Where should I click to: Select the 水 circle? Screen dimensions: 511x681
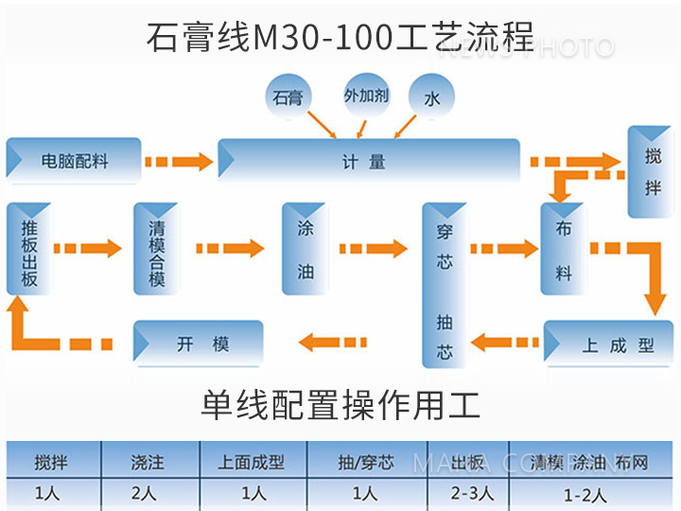[x=431, y=97]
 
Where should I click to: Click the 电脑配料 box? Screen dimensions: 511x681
[x=74, y=161]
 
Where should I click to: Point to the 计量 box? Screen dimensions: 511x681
[x=369, y=160]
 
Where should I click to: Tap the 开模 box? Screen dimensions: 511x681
[x=199, y=343]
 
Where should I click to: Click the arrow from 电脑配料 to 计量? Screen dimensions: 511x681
[x=180, y=162]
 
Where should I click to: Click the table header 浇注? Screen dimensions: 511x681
[x=148, y=464]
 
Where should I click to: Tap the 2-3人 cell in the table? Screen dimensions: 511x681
[x=467, y=493]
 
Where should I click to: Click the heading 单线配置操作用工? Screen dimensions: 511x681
[x=340, y=405]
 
